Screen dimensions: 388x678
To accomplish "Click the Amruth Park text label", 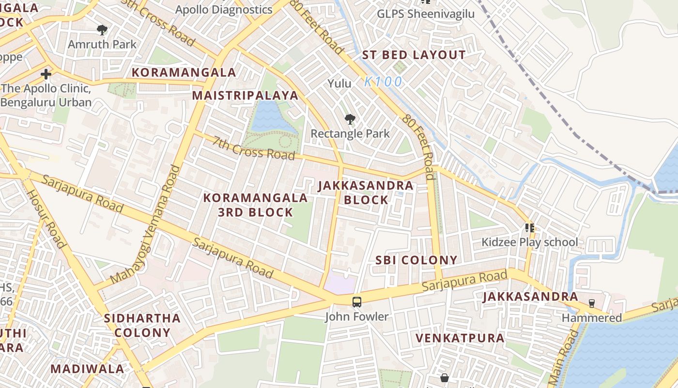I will (102, 44).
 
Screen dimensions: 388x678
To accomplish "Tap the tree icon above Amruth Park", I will (102, 30).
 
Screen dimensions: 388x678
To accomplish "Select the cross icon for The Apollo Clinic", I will (46, 74).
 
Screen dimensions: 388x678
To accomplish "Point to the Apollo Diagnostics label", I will (223, 9).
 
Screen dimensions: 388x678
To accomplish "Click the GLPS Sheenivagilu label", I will (426, 14).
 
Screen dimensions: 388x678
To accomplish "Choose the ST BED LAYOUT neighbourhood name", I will (414, 55).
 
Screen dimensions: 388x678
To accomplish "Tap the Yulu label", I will (339, 83).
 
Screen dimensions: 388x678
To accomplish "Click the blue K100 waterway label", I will (383, 82).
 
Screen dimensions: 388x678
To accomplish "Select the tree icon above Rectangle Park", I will (350, 119).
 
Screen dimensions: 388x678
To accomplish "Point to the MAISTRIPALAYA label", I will (245, 95).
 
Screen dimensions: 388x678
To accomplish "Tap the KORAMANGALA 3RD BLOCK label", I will (255, 205).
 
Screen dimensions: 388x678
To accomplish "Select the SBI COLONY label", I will (416, 260).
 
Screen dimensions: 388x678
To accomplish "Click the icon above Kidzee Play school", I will (529, 227).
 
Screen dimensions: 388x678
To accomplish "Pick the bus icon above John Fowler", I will (357, 302).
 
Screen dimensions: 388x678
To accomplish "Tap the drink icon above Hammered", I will (591, 304).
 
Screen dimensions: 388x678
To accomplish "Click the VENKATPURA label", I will (460, 338).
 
